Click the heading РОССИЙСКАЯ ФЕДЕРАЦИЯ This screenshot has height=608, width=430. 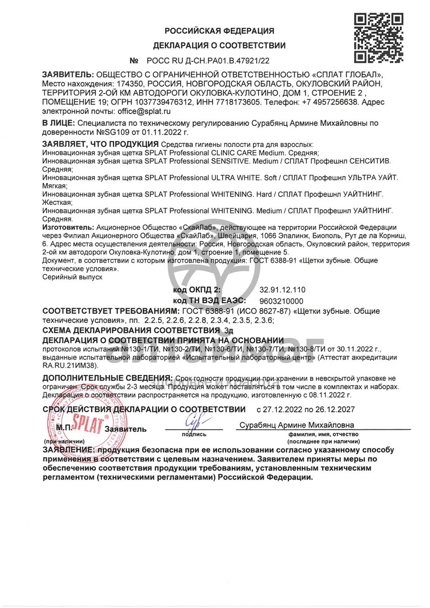pos(219,31)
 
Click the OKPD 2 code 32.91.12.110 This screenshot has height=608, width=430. pos(282,290)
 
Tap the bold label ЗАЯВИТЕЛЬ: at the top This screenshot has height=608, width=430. pos(68,75)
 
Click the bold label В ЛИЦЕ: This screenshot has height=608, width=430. pos(58,123)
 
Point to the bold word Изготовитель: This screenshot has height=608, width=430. pos(68,227)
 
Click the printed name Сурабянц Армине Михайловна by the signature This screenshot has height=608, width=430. pos(297,425)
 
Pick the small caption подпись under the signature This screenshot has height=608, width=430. pos(194,434)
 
